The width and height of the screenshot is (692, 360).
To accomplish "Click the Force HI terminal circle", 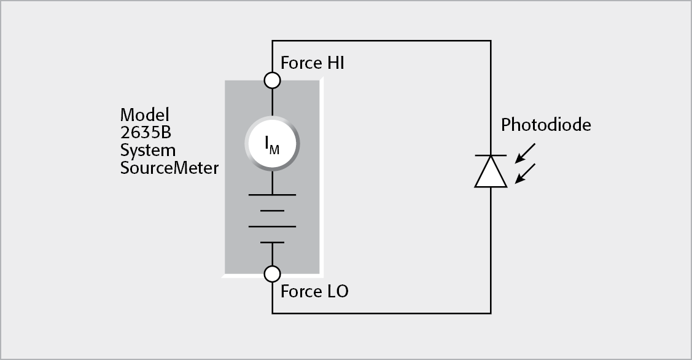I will pyautogui.click(x=272, y=80).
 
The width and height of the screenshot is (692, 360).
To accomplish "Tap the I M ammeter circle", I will pyautogui.click(x=272, y=144).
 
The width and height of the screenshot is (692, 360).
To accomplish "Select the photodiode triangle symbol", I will pyautogui.click(x=491, y=171).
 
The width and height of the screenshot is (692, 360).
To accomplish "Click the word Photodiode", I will pyautogui.click(x=546, y=125).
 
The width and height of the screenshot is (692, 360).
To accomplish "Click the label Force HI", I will pyautogui.click(x=312, y=63).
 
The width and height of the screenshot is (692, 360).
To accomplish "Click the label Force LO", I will pyautogui.click(x=314, y=291).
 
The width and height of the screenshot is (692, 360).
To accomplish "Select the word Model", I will pyautogui.click(x=144, y=115).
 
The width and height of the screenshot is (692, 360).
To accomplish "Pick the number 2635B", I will pyautogui.click(x=145, y=133).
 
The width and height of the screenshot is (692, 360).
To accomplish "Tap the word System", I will pyautogui.click(x=147, y=151).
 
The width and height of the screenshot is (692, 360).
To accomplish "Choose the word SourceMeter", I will pyautogui.click(x=169, y=168).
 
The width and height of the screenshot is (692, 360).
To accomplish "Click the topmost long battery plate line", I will pyautogui.click(x=272, y=195).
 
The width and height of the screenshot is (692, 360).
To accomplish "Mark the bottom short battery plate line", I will pyautogui.click(x=272, y=243).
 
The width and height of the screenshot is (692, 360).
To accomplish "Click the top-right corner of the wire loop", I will pyautogui.click(x=491, y=41).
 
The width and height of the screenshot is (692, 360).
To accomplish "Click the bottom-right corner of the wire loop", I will pyautogui.click(x=491, y=313).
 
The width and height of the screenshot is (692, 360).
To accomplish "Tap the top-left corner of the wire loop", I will pyautogui.click(x=272, y=41).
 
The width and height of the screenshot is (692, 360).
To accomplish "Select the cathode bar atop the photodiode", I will pyautogui.click(x=491, y=155).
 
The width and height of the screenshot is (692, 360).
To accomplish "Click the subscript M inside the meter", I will pyautogui.click(x=275, y=148).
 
